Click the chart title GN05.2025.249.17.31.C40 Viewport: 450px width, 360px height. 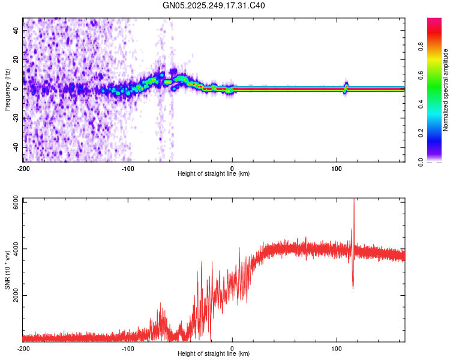(x=214, y=6)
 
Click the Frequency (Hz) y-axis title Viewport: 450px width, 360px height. (x=7, y=89)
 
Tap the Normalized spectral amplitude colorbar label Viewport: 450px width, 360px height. (x=446, y=90)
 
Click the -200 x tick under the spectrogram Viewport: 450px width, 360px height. (x=23, y=168)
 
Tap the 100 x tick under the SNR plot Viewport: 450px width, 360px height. (x=337, y=348)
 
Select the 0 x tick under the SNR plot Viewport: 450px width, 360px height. (x=232, y=348)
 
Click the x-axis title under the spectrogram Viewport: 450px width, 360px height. (x=214, y=174)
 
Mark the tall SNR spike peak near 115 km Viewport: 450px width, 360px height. (x=353, y=200)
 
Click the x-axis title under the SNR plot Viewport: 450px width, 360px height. (x=214, y=354)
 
